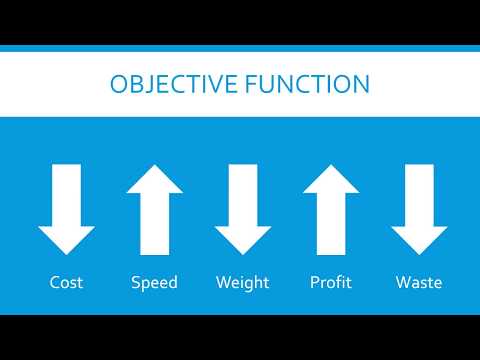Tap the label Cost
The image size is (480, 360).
(67, 282)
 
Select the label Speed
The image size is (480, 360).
(154, 282)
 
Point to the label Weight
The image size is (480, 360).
(242, 282)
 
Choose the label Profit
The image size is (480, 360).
(330, 282)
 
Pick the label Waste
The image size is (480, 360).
(418, 282)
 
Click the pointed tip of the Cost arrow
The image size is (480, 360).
(67, 252)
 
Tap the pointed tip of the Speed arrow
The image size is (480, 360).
(154, 166)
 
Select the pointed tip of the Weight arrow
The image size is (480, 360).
(242, 252)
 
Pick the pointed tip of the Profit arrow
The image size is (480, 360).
(330, 166)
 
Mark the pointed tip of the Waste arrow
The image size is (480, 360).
(418, 252)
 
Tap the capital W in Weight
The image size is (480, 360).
(223, 282)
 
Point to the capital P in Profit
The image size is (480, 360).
(314, 282)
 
